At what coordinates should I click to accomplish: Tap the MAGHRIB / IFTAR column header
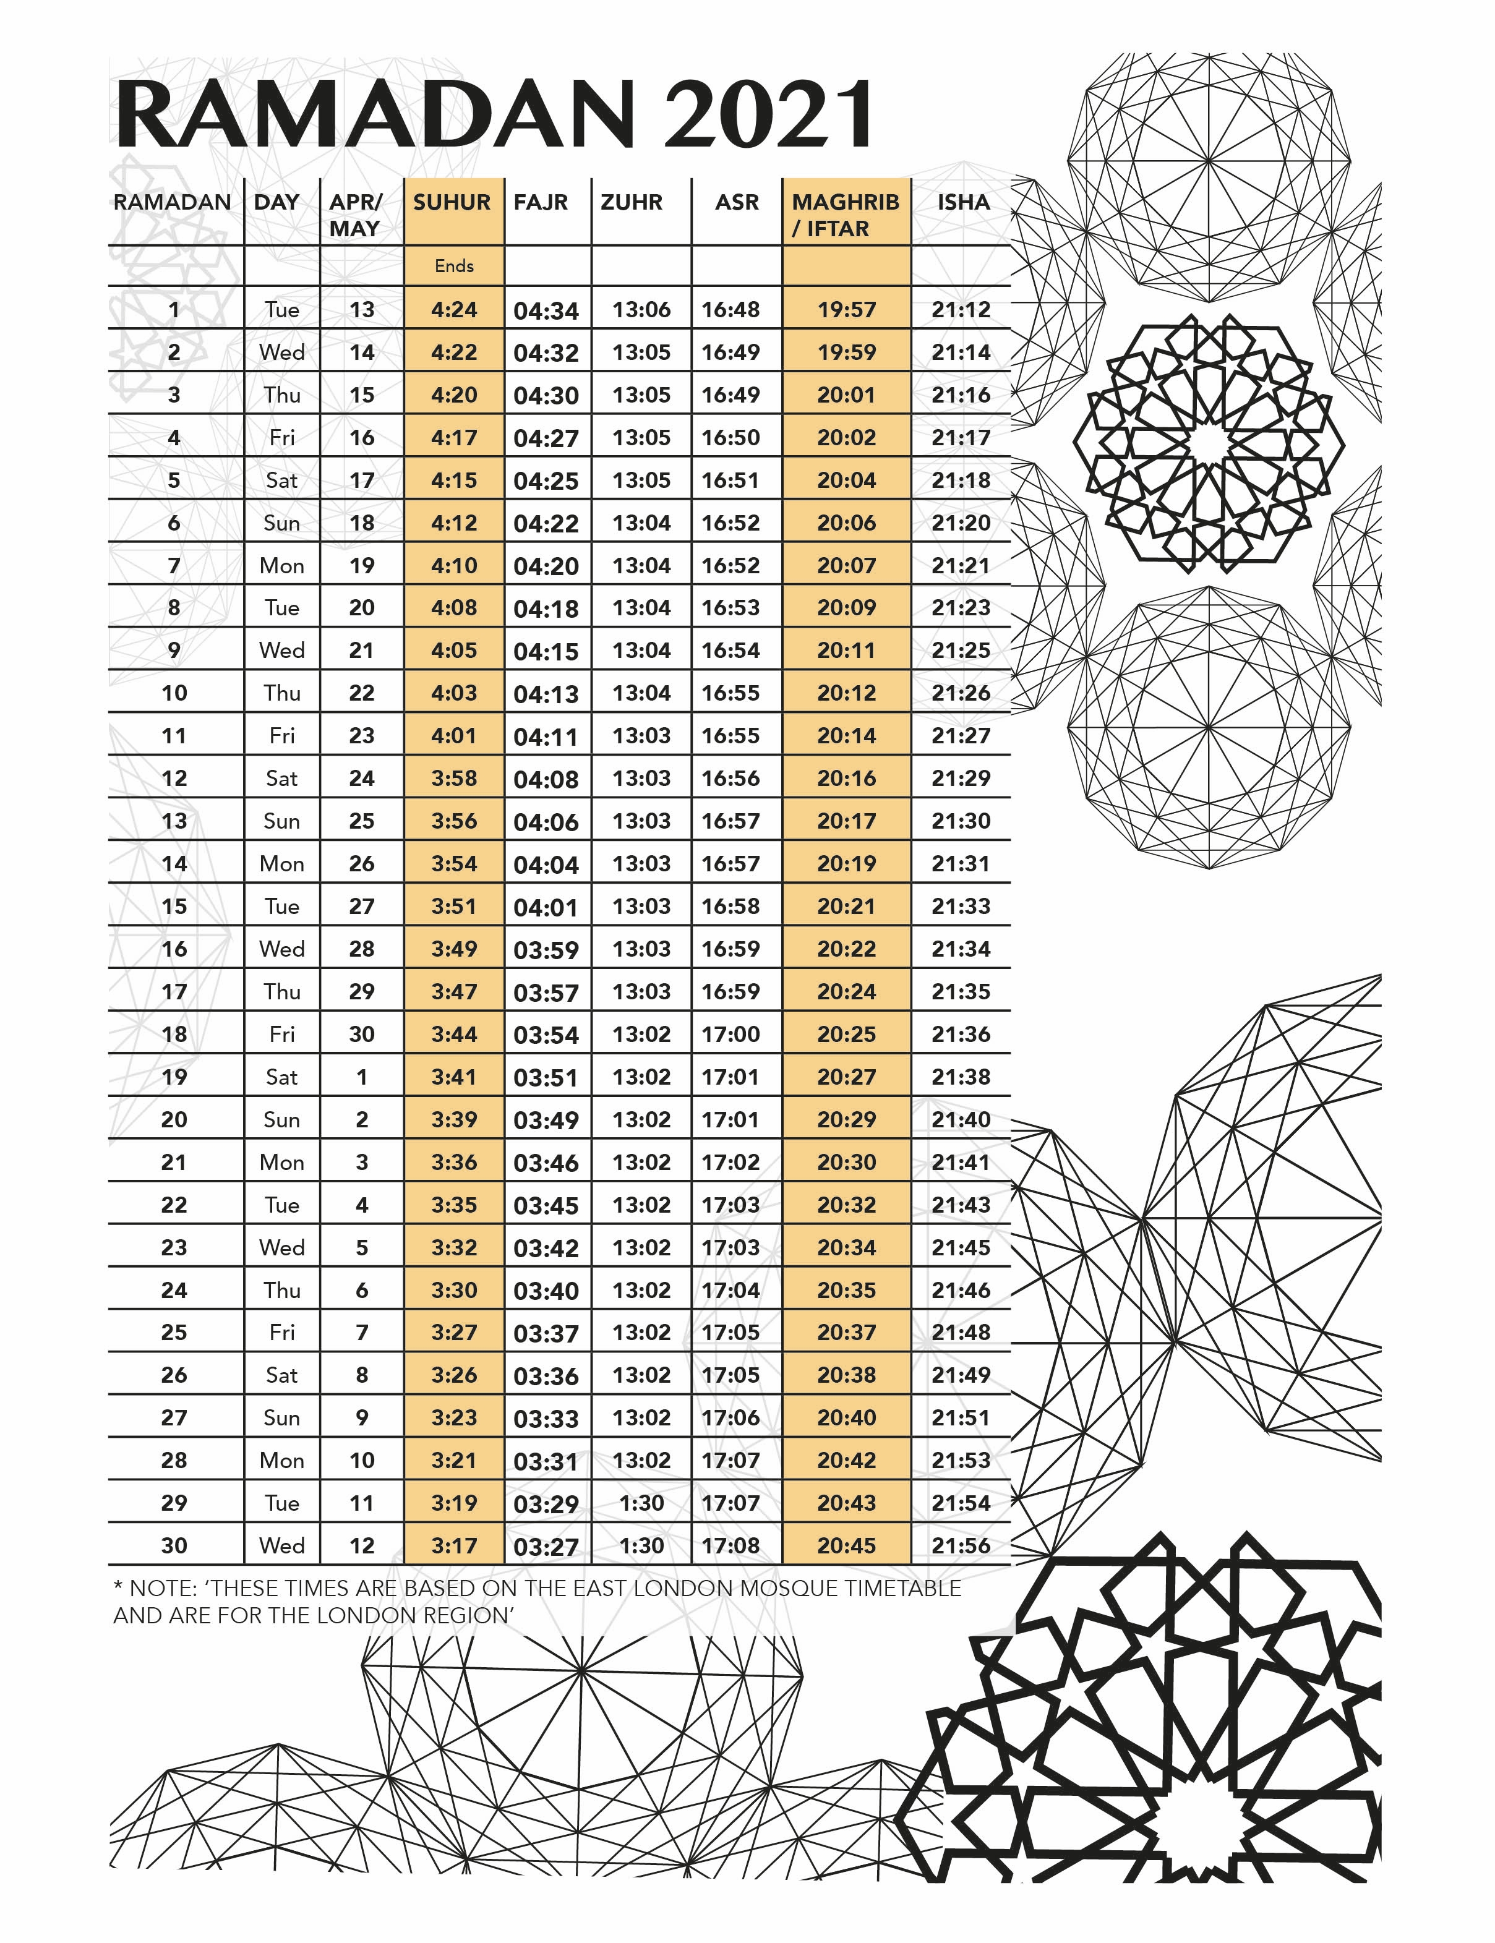[x=846, y=215]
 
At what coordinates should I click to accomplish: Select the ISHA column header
[x=963, y=202]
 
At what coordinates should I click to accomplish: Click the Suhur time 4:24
[x=454, y=310]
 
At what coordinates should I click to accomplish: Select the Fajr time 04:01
[x=546, y=907]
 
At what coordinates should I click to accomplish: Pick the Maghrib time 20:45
[x=846, y=1545]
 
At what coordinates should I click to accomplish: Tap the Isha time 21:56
[x=961, y=1545]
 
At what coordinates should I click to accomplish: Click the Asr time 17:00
[x=730, y=1034]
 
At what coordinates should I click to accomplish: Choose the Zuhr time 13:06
[x=641, y=310]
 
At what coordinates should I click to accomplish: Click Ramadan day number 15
[x=174, y=907]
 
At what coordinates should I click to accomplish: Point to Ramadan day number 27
[x=174, y=1417]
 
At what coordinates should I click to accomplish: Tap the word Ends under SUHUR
[x=454, y=266]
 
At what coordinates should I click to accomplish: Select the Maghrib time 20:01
[x=846, y=395]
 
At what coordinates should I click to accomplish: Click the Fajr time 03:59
[x=546, y=950]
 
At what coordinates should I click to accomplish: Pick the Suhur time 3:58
[x=454, y=779]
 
